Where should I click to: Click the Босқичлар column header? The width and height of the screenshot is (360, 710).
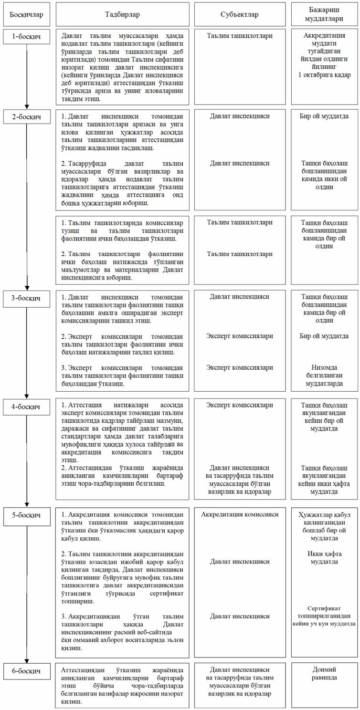pos(26,14)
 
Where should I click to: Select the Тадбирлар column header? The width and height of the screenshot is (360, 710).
pos(127,14)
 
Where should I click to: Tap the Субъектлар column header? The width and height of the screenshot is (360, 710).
pos(240,14)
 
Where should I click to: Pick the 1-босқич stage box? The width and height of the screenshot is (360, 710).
pos(26,37)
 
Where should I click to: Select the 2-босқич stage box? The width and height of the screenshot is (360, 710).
pos(26,116)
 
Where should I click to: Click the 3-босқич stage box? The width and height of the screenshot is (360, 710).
pos(26,298)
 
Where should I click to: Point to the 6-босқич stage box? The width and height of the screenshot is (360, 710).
pos(26,671)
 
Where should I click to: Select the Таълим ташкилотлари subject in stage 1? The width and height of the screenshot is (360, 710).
pos(240,35)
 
